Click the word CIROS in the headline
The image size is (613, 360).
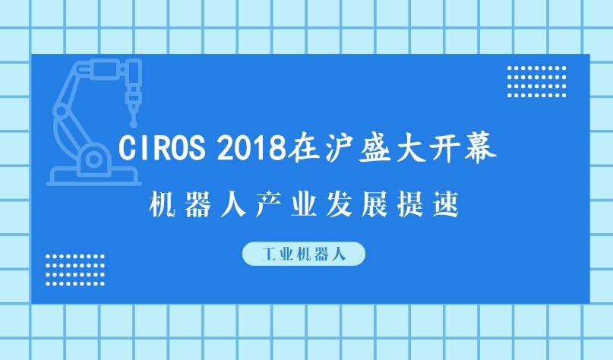click(162, 148)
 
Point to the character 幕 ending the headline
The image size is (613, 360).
click(481, 148)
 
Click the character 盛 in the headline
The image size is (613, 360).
click(375, 148)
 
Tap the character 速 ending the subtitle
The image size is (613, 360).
click(446, 204)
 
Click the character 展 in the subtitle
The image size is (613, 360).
click(375, 204)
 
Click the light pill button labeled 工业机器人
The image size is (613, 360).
click(304, 254)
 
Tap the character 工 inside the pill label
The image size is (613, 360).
click(270, 254)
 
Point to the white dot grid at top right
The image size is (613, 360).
click(536, 82)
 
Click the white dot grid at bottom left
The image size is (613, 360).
click(75, 270)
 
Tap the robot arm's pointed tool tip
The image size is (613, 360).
click(134, 125)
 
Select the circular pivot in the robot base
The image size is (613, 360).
click(93, 159)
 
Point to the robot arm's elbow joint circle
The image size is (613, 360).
click(61, 111)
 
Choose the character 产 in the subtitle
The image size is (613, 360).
click(269, 204)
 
